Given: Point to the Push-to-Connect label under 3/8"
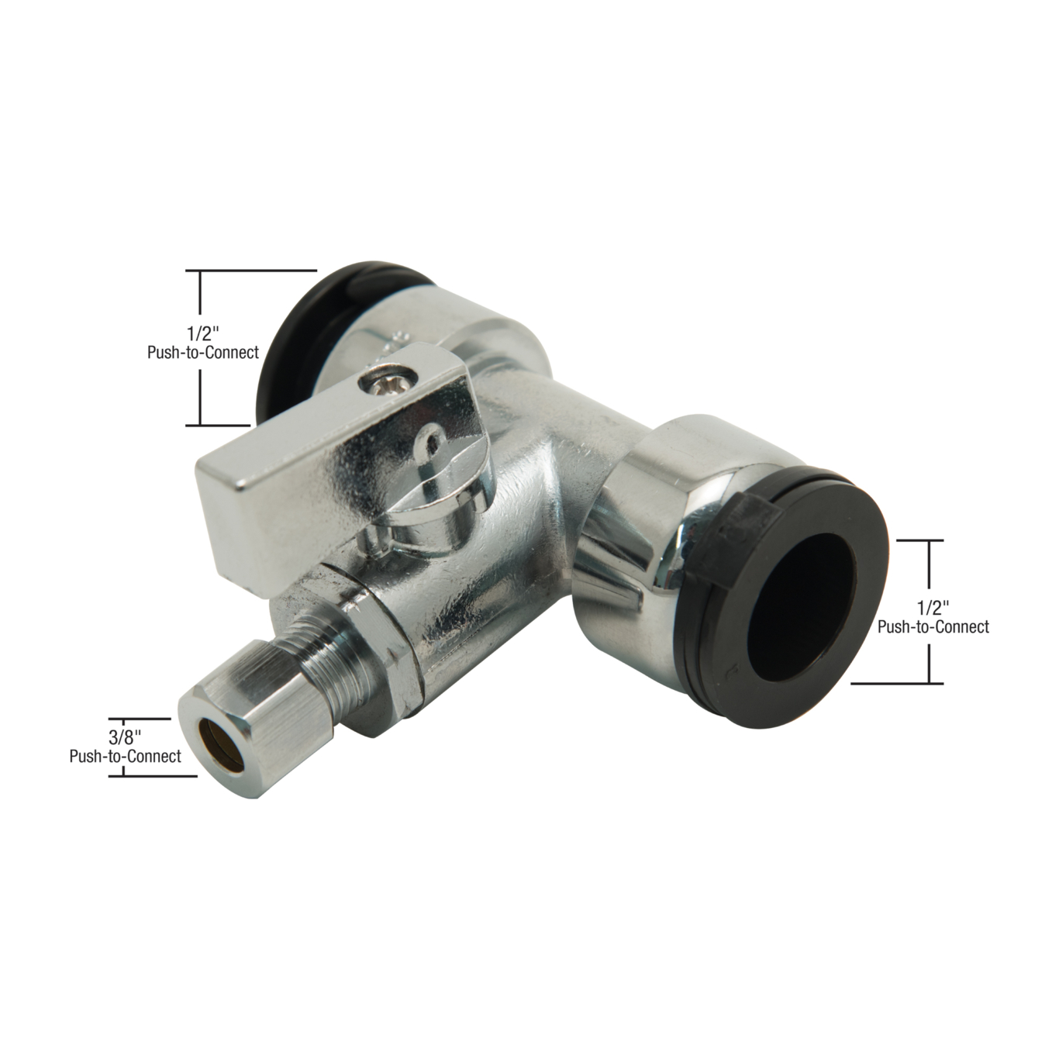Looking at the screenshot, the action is (126, 756).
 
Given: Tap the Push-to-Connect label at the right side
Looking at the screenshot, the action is (933, 626).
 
